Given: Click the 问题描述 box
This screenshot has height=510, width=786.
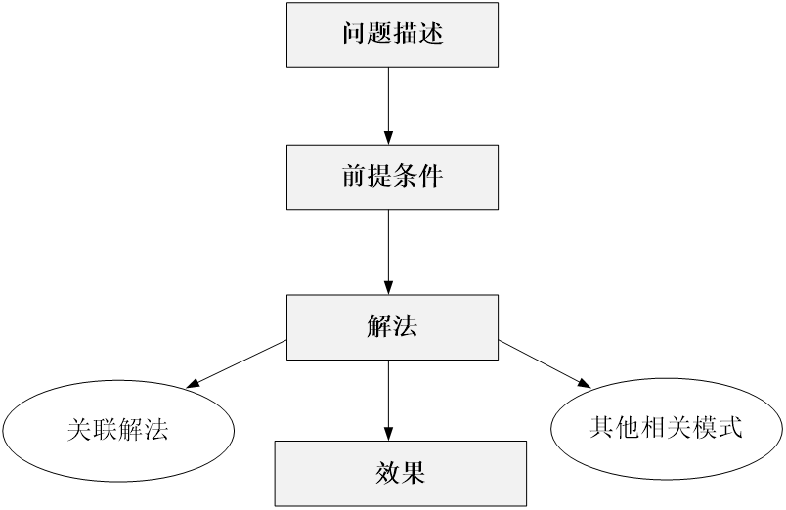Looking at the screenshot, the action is [392, 35].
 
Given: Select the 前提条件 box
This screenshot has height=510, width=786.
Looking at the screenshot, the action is [392, 178].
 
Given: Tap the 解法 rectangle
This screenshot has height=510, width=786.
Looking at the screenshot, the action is [392, 327].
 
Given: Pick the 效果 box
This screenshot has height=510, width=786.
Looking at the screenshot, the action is [401, 474].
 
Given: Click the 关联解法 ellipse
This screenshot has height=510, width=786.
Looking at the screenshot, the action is [118, 430].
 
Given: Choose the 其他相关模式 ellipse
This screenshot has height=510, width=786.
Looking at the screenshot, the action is [667, 428].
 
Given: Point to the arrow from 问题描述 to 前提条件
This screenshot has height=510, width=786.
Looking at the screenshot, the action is [388, 106].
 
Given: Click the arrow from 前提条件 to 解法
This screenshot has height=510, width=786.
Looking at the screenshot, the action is [388, 252].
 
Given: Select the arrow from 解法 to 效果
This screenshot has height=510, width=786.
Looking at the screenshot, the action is [388, 401].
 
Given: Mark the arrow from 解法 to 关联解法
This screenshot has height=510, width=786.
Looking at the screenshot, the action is [237, 364].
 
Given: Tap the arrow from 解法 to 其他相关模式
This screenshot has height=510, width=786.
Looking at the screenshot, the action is [545, 364].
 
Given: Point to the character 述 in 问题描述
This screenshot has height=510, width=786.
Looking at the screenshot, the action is [431, 33].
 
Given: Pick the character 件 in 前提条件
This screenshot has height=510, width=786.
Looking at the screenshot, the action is [431, 176].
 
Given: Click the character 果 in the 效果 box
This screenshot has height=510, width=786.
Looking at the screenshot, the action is [414, 473].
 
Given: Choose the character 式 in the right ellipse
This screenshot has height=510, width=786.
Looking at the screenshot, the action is [729, 427].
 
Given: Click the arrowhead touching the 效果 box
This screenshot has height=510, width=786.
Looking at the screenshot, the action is [388, 434].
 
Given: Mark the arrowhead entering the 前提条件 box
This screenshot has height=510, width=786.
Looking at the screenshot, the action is [388, 138].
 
